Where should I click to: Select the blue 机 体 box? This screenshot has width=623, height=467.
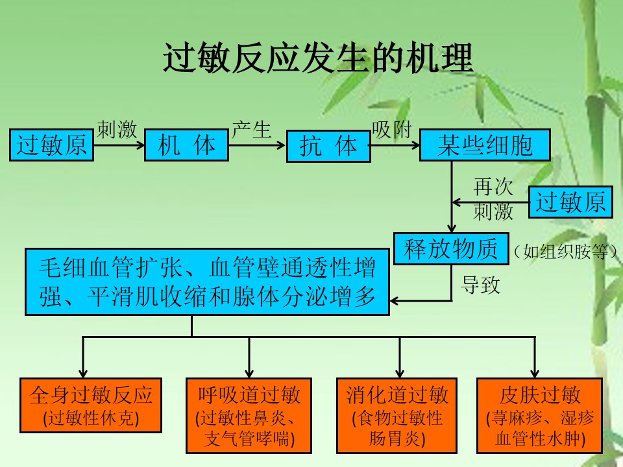click(186, 145)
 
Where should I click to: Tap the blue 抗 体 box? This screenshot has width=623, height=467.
click(328, 146)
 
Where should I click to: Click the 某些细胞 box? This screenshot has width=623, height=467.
click(485, 145)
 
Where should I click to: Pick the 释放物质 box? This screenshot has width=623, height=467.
click(451, 249)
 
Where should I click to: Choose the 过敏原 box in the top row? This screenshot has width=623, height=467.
click(51, 145)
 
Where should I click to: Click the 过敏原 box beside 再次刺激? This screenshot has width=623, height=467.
click(570, 202)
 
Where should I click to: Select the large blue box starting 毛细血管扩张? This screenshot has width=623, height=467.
click(208, 282)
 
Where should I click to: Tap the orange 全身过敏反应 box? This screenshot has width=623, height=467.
click(91, 405)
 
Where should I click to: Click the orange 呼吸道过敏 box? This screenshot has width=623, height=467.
click(249, 416)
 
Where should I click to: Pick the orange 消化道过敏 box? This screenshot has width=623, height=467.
click(397, 416)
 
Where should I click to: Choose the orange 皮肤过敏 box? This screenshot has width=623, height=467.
click(540, 416)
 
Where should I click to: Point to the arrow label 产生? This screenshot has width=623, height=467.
click(252, 130)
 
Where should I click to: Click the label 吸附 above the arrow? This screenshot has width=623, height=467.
click(392, 130)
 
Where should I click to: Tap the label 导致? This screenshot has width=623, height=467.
click(480, 285)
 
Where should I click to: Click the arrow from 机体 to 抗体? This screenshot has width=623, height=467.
click(257, 145)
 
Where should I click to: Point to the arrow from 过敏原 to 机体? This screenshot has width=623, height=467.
click(119, 145)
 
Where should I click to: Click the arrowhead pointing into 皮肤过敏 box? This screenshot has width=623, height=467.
click(535, 374)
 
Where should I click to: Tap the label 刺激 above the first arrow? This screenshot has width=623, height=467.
click(117, 130)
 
